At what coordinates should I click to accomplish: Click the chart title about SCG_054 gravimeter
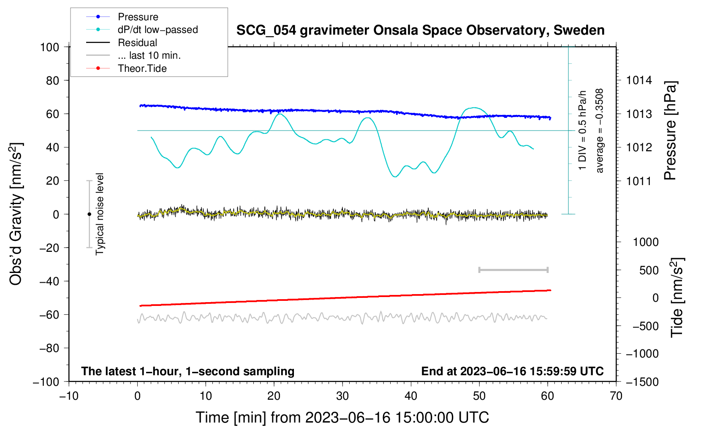(x=420, y=30)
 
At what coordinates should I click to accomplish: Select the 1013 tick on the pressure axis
(x=639, y=114)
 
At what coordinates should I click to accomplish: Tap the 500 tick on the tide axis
(x=649, y=270)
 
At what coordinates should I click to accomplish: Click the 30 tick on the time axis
(x=342, y=396)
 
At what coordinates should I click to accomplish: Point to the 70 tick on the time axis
(x=616, y=396)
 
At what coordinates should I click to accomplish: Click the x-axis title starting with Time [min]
(x=342, y=417)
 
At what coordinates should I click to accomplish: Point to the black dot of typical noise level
(x=89, y=214)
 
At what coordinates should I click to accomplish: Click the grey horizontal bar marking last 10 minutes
(x=513, y=270)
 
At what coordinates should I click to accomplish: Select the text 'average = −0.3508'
(x=600, y=131)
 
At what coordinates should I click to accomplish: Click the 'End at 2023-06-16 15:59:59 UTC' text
(x=512, y=371)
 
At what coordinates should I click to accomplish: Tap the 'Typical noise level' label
(x=100, y=214)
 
